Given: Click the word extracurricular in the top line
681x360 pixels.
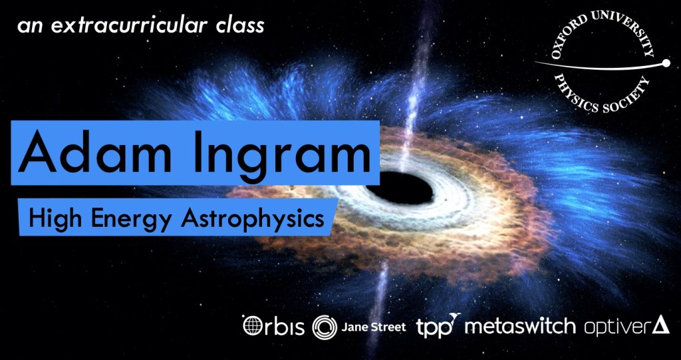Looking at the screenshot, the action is [x=131, y=26].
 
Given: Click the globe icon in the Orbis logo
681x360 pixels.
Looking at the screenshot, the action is [x=252, y=326].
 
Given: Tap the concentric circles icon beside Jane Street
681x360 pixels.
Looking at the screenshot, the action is [x=325, y=327].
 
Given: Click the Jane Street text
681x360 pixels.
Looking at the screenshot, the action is [x=374, y=327].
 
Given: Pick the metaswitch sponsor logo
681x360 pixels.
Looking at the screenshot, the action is [x=520, y=327].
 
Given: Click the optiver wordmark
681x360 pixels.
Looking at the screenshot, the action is [x=617, y=327].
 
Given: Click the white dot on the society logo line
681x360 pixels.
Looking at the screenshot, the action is [x=665, y=64].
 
